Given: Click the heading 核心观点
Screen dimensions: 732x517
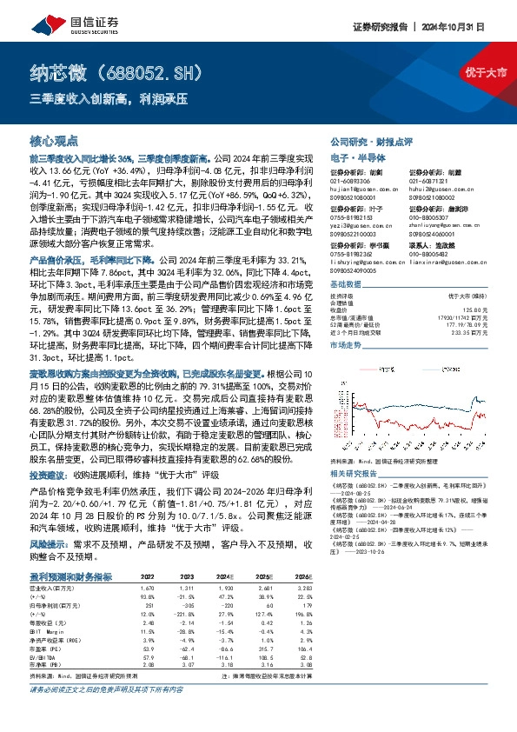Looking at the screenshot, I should point(55,139).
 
